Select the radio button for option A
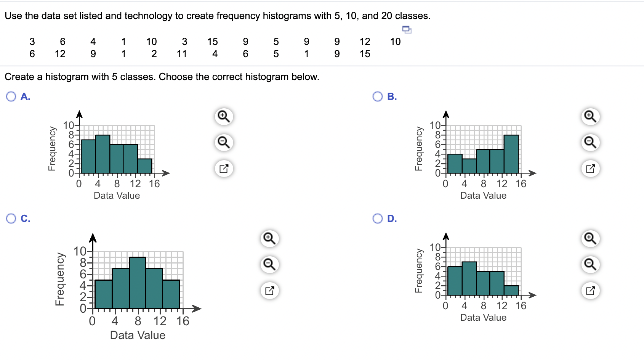click(11, 96)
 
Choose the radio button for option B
click(378, 96)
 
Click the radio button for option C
click(11, 219)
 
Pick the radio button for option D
click(378, 219)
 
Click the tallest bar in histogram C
click(137, 283)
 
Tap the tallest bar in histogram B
click(511, 154)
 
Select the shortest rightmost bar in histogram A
click(145, 166)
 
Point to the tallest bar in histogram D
click(469, 278)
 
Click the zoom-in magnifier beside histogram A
click(224, 116)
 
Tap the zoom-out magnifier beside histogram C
click(269, 264)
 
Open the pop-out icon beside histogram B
click(590, 168)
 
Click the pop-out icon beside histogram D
click(590, 291)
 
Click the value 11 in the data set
click(182, 54)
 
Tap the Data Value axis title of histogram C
click(138, 335)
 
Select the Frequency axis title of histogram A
click(52, 149)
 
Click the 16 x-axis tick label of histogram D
click(521, 306)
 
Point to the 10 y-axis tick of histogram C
click(80, 251)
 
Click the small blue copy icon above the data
click(407, 29)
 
